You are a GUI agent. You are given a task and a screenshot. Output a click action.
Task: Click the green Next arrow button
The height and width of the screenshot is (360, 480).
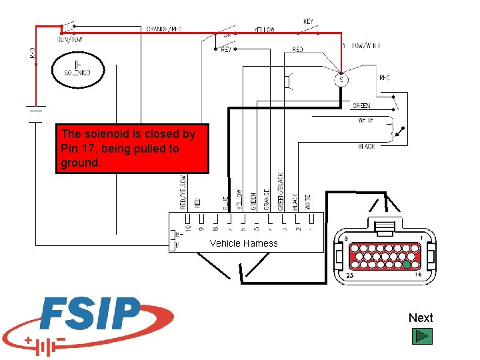tap(421, 335)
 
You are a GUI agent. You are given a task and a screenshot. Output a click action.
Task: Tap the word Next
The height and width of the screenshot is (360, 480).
tap(421, 318)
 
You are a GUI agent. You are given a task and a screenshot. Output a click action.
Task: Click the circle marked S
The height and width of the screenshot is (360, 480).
tap(341, 80)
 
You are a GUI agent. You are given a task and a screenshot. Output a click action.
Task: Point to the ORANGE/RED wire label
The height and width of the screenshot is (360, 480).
tap(164, 29)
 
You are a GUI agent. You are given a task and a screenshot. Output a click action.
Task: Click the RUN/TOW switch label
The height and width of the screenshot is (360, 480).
tap(69, 39)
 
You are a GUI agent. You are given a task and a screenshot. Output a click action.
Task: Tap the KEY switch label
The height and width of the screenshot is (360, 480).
tap(308, 21)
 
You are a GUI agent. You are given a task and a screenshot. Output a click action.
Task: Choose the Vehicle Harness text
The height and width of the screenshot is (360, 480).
tap(243, 243)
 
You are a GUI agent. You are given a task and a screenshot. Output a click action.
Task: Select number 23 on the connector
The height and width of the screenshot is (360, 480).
tap(349, 275)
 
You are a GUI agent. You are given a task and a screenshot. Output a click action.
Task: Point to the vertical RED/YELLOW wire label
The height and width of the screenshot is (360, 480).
tap(183, 191)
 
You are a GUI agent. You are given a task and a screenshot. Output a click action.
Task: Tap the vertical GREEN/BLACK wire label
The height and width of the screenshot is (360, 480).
tap(281, 191)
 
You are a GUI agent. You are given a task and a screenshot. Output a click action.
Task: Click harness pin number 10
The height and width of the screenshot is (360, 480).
tap(189, 227)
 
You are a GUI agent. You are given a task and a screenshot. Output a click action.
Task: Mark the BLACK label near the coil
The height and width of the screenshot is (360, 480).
tap(367, 147)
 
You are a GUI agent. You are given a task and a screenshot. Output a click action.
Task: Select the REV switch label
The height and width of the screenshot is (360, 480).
tap(226, 49)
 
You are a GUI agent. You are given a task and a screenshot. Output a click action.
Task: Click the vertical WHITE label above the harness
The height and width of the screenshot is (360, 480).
tap(309, 201)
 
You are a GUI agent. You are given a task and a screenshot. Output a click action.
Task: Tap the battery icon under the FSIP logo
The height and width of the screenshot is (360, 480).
tap(45, 346)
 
